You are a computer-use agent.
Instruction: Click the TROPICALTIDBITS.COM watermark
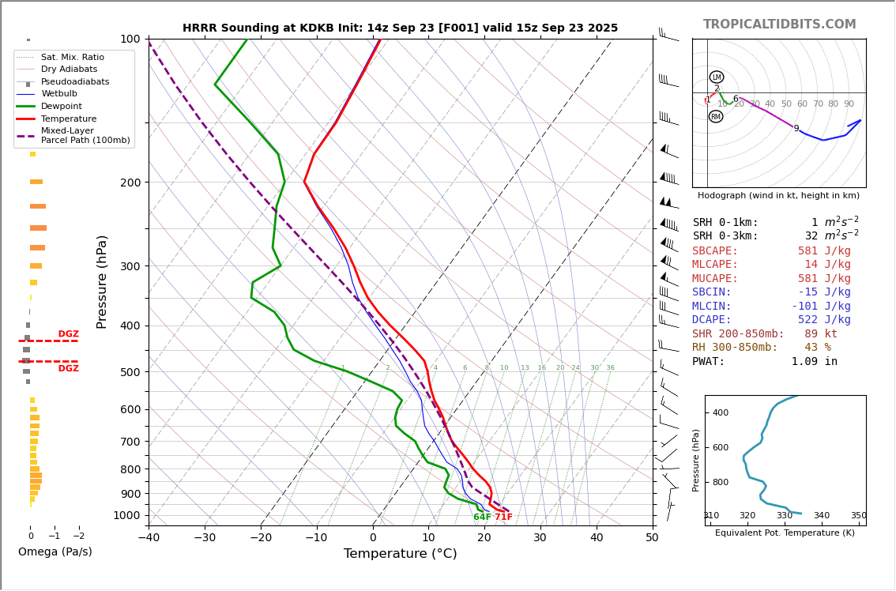tap(779, 24)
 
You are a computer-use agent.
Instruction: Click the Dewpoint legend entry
tap(63, 106)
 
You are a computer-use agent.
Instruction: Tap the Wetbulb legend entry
tap(59, 93)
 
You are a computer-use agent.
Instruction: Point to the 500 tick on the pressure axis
tap(129, 372)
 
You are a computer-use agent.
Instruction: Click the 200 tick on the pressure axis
tap(129, 183)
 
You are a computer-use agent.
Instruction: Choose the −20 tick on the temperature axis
tap(261, 538)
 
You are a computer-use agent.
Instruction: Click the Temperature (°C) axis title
tap(400, 554)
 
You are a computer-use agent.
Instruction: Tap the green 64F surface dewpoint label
tap(482, 518)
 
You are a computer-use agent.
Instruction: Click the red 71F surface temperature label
tap(503, 518)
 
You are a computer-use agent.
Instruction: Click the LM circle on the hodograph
tap(717, 77)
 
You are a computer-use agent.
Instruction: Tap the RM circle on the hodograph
tap(716, 117)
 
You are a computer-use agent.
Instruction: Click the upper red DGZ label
tap(68, 334)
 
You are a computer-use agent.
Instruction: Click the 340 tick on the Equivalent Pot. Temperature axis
tap(822, 516)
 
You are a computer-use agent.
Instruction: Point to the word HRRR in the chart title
tap(200, 28)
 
